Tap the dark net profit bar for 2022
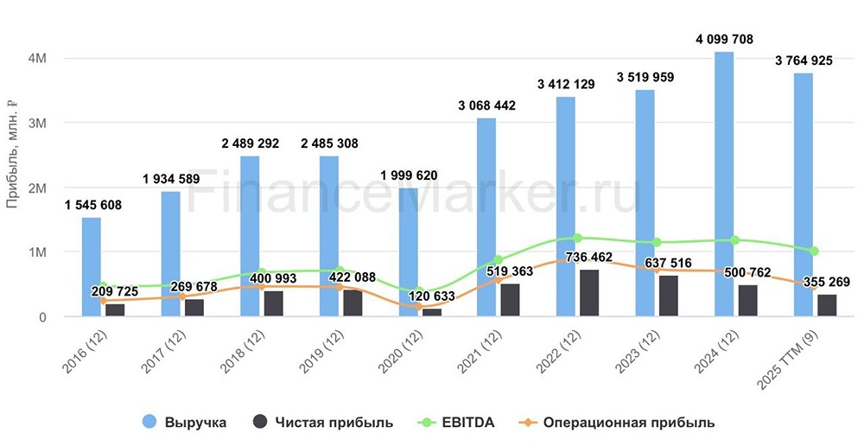[588, 293]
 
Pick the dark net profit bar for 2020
[430, 312]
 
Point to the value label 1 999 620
[409, 175]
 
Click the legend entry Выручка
[187, 423]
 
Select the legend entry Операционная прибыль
[619, 423]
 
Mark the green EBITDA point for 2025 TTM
[814, 251]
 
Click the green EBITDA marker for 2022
[577, 238]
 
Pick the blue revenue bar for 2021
[487, 217]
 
